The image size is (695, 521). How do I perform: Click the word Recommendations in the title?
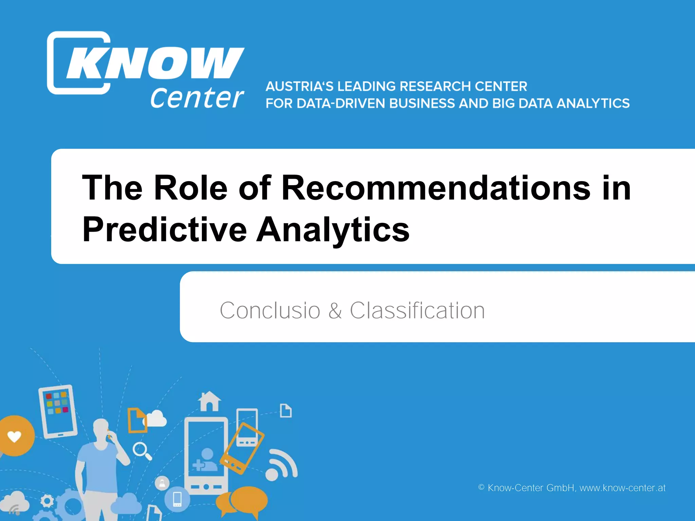pos(436,188)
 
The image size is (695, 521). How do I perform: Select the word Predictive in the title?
pos(165,230)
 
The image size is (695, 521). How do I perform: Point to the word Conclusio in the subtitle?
pos(270,310)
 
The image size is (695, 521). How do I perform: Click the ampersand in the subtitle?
pos(335,310)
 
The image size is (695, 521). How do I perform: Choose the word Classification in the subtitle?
pos(417,310)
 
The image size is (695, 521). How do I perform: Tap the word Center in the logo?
pos(197,98)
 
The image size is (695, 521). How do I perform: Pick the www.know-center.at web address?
pos(622,488)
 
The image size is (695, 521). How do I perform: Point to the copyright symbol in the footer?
pos(481,487)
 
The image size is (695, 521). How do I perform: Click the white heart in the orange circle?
pos(14,437)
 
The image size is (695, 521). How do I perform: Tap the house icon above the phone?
pos(209,401)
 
